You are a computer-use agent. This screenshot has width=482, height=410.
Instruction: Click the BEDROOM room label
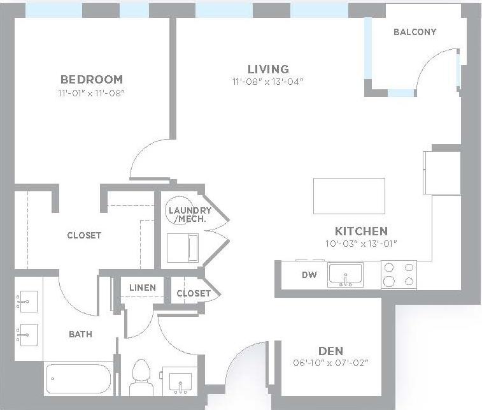[x=92, y=80]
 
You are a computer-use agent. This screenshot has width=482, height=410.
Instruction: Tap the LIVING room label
[x=268, y=69]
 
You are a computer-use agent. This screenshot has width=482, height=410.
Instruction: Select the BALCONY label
[x=415, y=32]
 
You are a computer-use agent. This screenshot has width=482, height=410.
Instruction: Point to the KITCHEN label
[x=361, y=231]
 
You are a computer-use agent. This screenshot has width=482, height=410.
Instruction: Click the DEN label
[x=330, y=351]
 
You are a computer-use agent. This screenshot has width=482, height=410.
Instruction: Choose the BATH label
[x=80, y=333]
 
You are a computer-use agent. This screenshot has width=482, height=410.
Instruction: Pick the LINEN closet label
[x=142, y=288]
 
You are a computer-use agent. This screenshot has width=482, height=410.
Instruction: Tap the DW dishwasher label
[x=309, y=275]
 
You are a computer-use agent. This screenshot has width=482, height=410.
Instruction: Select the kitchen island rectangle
[x=349, y=196]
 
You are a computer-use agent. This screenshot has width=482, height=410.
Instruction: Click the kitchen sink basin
[x=344, y=275]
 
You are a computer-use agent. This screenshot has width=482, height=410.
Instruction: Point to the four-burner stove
[x=399, y=274]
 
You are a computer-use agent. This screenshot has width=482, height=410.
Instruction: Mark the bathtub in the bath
[x=80, y=378]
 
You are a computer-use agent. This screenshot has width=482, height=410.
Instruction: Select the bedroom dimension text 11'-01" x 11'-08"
[x=91, y=93]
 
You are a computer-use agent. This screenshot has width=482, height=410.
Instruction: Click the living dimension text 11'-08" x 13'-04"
[x=268, y=81]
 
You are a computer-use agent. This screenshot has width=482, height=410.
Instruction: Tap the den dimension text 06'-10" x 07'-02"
[x=330, y=363]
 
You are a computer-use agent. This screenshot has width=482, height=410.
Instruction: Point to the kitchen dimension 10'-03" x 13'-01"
[x=361, y=243]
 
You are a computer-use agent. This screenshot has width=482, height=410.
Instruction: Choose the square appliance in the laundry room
[x=182, y=247]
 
